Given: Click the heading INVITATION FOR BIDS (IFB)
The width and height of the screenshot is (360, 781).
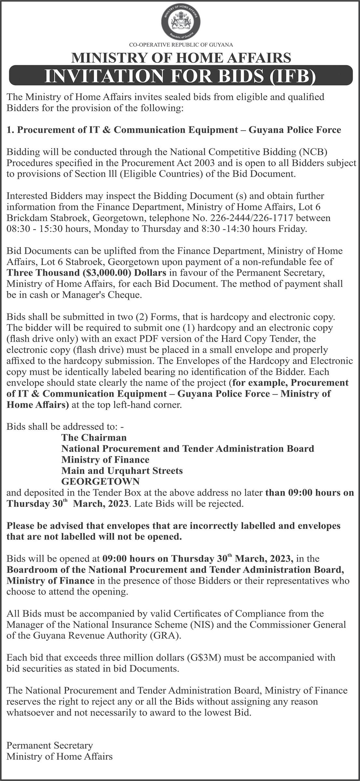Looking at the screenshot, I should click(x=180, y=76).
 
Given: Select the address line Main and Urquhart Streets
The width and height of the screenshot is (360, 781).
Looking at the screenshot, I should click(x=122, y=471).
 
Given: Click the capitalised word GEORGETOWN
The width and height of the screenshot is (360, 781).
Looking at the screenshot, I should click(x=101, y=481).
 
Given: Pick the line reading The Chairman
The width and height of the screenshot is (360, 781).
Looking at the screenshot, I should click(x=94, y=437).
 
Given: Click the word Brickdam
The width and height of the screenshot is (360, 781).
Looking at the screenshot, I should click(x=24, y=218).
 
